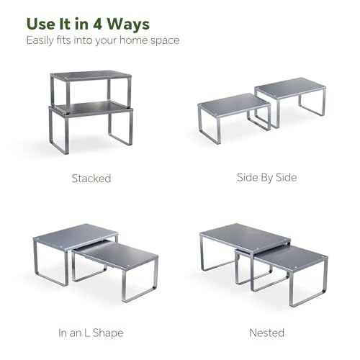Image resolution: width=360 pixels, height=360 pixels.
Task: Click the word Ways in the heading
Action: tap(128, 24)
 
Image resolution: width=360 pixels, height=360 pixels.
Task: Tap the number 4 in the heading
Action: tap(97, 24)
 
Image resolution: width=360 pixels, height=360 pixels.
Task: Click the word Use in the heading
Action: tap(40, 24)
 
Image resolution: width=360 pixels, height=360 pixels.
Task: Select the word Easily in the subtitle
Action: tap(40, 40)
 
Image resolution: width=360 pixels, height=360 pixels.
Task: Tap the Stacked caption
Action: tap(91, 179)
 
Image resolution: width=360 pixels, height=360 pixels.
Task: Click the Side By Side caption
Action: tap(266, 178)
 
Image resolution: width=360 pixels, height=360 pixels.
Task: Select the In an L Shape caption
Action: tap(91, 333)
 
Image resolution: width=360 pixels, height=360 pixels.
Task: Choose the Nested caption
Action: tap(267, 333)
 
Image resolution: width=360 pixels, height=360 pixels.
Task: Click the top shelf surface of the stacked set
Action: tap(91, 76)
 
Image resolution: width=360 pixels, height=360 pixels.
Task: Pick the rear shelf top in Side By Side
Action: tap(290, 87)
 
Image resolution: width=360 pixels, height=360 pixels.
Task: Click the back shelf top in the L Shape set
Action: tap(76, 235)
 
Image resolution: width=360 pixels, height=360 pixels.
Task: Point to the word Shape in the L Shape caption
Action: tap(108, 333)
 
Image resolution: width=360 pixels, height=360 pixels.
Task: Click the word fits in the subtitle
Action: tap(63, 40)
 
